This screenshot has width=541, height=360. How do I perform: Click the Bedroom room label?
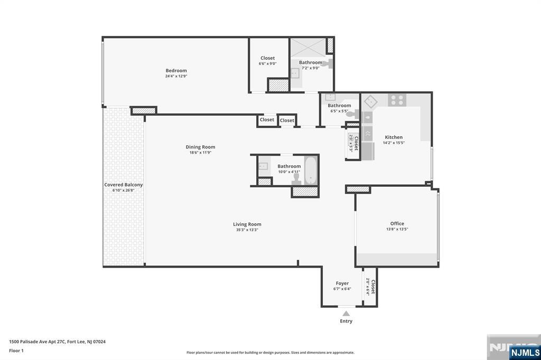point(176,71)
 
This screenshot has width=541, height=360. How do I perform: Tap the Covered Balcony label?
point(123,185)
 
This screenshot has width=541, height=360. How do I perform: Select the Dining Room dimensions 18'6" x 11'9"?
point(200,153)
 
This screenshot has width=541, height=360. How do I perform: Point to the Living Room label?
point(247,224)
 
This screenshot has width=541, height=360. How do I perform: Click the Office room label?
point(397,224)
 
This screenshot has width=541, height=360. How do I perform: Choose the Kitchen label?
point(394,137)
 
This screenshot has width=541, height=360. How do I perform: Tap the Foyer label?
point(342,283)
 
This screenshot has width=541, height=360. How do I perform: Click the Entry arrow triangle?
point(346,314)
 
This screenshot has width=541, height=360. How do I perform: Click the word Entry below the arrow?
point(346,321)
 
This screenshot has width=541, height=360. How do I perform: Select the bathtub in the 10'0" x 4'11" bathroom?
point(310,170)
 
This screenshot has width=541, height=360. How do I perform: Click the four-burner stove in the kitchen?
point(397,99)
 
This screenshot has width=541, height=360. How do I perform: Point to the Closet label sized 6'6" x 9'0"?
point(267,58)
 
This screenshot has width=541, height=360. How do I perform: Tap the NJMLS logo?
point(525,352)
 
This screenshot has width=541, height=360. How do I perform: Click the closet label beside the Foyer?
point(372,287)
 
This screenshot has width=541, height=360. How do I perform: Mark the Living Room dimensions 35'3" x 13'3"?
point(247,230)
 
